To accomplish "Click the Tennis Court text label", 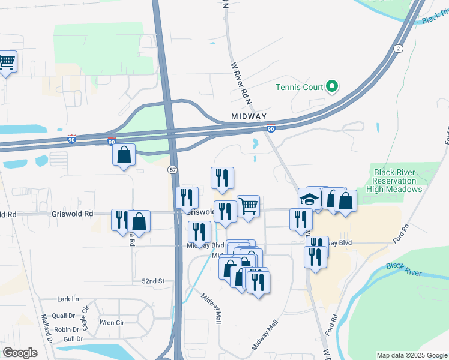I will coord(299,87).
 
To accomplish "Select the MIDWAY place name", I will coord(248,116).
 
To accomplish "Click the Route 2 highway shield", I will coord(397,49).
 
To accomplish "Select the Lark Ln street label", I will coord(68,299).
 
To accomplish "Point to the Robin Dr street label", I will coord(67,329).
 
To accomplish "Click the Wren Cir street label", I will coord(111,322).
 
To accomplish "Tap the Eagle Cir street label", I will coord(85,317).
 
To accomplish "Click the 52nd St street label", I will coord(153,281).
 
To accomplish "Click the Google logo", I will coord(20,352).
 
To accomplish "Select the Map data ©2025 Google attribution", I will coord(412,355).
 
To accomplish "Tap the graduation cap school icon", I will coord(309,200).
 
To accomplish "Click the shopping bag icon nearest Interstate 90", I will coord(124,155).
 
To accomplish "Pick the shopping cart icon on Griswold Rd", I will coord(248,206).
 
